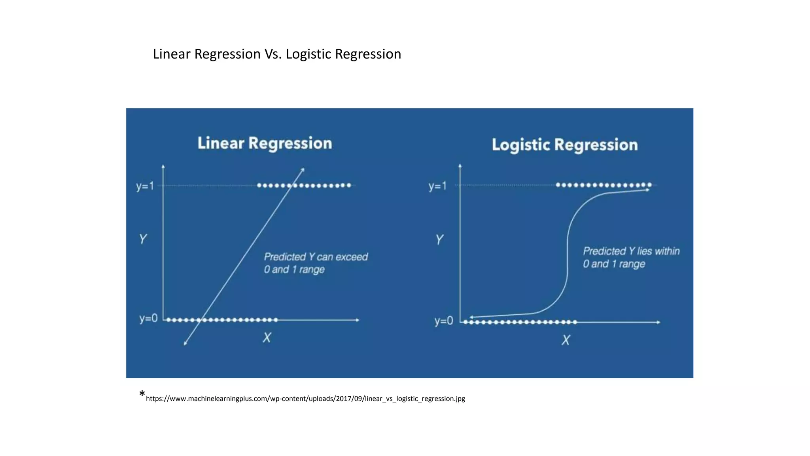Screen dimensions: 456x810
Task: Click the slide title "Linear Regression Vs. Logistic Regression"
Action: pos(277,54)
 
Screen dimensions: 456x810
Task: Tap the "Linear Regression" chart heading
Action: pos(265,143)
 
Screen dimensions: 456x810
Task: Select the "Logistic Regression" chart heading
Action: pos(564,145)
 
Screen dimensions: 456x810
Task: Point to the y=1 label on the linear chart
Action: pos(145,186)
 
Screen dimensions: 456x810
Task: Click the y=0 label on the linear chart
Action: pos(148,318)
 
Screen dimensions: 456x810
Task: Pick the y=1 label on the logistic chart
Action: pos(437,186)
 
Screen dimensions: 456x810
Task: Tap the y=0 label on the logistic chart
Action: pos(444,321)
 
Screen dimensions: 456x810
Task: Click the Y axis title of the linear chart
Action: pos(143,239)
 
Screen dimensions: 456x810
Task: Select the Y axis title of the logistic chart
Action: pos(439,239)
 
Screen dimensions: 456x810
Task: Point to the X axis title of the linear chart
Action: pos(267,338)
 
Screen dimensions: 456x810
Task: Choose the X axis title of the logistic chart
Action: pos(566,340)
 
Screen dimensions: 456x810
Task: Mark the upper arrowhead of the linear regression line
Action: pos(303,169)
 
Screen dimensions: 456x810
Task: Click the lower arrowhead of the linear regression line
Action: pos(185,344)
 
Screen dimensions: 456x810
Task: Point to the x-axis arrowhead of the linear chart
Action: pos(358,320)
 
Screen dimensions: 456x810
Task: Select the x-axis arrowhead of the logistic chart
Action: pos(659,322)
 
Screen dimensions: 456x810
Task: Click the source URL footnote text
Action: pos(305,399)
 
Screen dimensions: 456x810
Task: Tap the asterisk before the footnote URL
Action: pos(142,394)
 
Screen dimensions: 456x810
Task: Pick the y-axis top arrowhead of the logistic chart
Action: pos(460,165)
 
